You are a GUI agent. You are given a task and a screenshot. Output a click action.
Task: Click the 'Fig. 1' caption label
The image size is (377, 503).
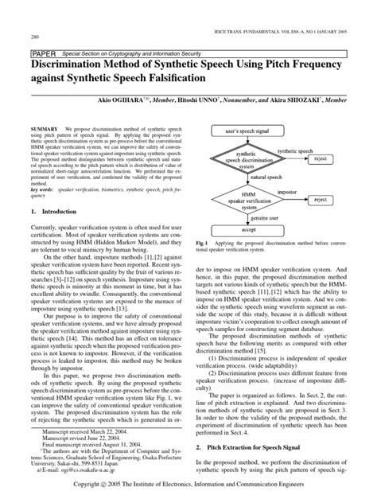(x=200, y=240)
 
